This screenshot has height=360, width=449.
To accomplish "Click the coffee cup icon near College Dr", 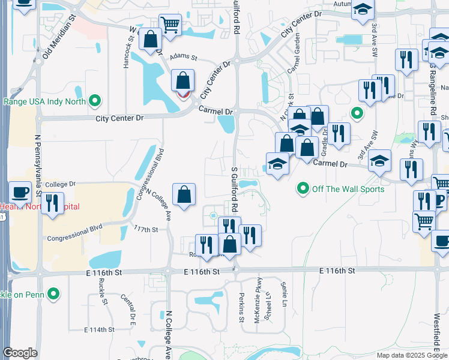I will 20,193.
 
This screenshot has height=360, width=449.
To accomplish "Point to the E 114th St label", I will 99,330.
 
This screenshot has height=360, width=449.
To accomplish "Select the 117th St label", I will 146,229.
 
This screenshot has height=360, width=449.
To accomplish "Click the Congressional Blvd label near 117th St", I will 77,230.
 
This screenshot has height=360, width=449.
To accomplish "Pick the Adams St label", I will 184,58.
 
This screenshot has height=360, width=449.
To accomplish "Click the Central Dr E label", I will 126,307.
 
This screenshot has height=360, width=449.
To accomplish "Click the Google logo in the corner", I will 20,353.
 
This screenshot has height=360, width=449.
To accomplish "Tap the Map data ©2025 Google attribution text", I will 412,355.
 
